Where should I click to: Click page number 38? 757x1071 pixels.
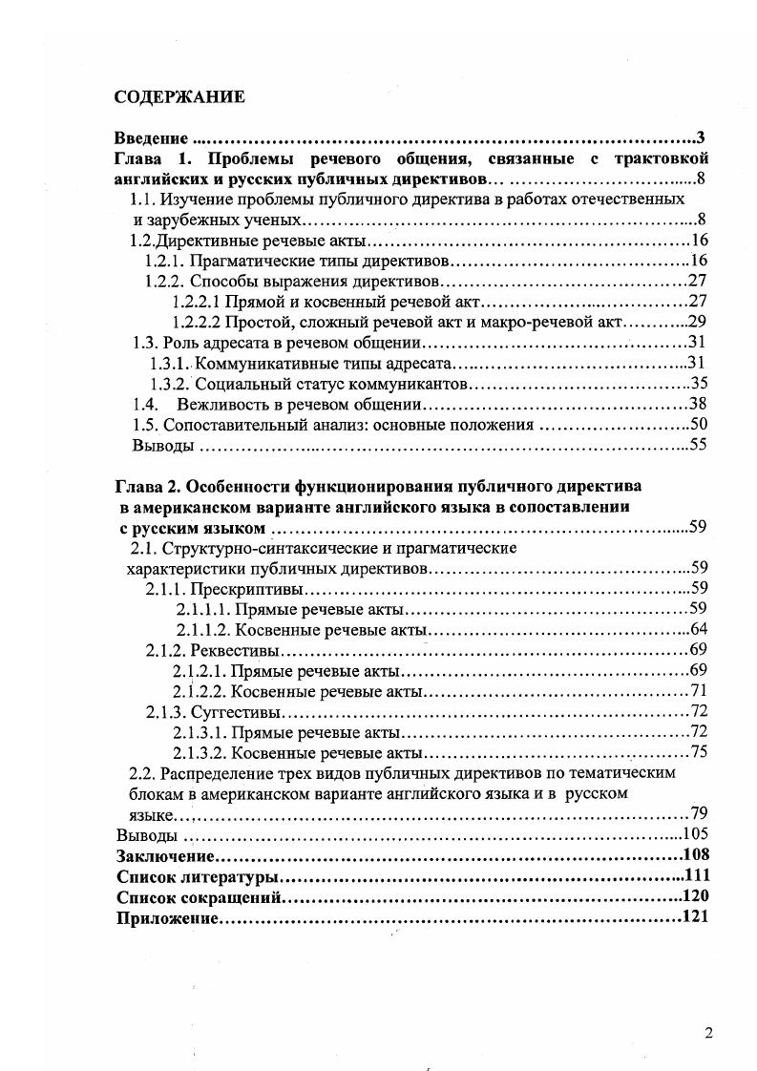697,403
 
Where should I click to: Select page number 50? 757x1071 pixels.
697,424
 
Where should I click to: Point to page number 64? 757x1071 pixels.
697,629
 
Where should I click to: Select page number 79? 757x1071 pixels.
697,813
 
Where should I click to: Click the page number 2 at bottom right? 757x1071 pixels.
708,1032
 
